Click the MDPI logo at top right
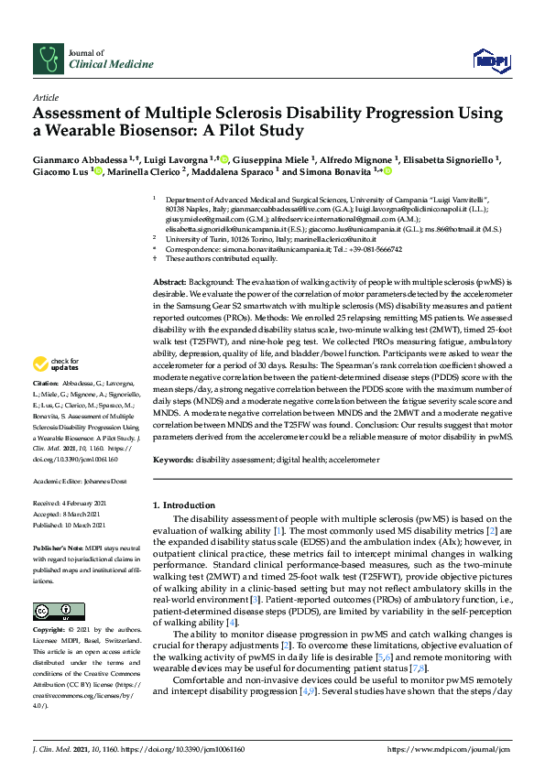click(x=488, y=60)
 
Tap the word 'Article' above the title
click(x=45, y=96)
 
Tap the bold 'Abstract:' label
click(x=170, y=282)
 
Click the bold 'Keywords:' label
click(x=173, y=459)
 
